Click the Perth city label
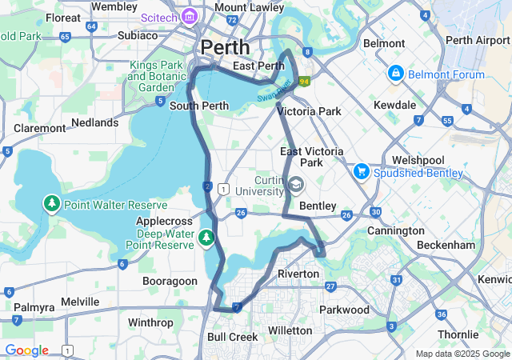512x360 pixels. (225, 46)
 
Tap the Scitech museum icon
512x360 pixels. (190, 17)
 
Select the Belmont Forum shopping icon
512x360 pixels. (394, 74)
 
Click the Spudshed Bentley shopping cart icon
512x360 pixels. (361, 172)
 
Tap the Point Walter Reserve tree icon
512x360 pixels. (52, 204)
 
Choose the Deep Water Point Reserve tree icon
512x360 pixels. (206, 237)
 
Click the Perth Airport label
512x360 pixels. (477, 40)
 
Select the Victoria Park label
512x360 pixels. (309, 111)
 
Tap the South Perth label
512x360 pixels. (200, 105)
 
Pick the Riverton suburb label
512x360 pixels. (298, 274)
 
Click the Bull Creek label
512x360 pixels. (232, 337)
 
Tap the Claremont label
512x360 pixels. (39, 128)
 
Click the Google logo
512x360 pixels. (26, 350)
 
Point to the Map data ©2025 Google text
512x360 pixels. (462, 354)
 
